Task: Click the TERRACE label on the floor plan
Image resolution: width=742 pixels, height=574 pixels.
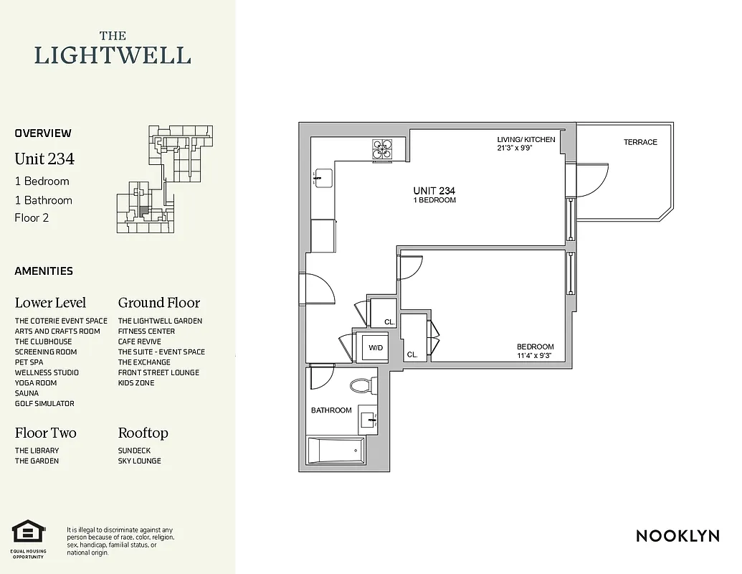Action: pos(640,142)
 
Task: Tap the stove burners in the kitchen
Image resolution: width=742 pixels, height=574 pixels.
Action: pos(382,148)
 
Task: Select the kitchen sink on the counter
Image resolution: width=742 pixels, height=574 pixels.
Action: pos(323,177)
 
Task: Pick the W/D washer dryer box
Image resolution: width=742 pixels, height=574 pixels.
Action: pos(376,347)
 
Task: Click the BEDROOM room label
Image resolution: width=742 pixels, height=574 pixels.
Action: pos(536,347)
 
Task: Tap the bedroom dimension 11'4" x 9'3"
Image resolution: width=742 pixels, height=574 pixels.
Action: pos(536,355)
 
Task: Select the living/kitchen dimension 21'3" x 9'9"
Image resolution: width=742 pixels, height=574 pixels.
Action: pos(525,149)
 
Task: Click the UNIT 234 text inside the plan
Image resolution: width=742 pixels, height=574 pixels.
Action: pos(434,191)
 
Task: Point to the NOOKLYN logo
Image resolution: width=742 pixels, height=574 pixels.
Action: pos(677,536)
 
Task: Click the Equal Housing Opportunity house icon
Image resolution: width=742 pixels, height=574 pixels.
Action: pos(28,532)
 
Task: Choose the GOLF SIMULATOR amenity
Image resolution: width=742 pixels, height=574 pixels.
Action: pos(44,403)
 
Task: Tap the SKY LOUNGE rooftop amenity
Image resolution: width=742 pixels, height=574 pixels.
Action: pos(139,461)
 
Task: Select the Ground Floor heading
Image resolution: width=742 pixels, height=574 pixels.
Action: pos(159,303)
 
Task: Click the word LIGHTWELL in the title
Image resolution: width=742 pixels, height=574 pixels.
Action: pos(113,55)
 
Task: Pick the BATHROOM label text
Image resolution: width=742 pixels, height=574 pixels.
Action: pos(331,410)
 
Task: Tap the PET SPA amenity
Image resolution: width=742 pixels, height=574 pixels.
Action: pos(29,362)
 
